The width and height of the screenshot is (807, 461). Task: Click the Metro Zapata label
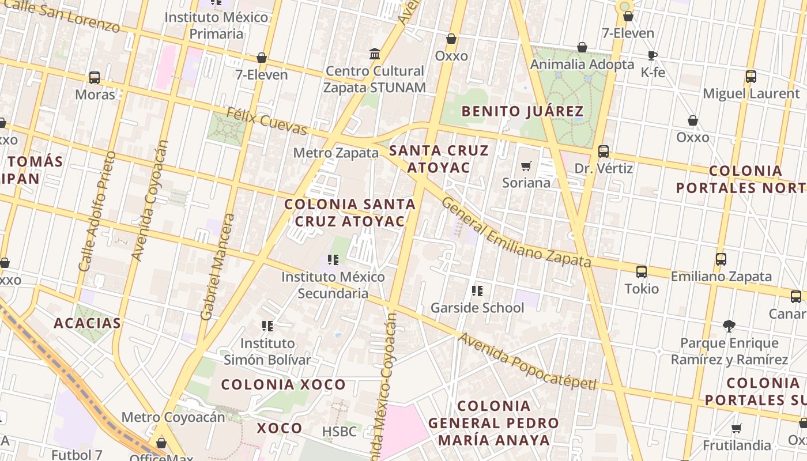pos(335,153)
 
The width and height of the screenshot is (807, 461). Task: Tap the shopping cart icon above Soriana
pos(526,167)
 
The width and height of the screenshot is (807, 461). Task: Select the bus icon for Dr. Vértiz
pos(604,152)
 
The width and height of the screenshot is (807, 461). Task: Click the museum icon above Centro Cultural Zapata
pos(375,54)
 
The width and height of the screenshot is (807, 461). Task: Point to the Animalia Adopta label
pos(582,64)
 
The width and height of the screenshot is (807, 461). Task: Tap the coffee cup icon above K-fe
pos(653,56)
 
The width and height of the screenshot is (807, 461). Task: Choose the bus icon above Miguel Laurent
pos(751,77)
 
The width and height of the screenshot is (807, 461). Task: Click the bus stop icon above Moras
pos(95,78)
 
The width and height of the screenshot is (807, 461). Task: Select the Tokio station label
pos(642,288)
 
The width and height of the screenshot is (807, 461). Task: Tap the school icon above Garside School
pos(477,291)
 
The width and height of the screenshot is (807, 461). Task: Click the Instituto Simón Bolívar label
pos(267,352)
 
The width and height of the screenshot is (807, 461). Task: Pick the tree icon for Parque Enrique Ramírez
pos(729,326)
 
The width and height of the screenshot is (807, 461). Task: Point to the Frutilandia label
pos(737,445)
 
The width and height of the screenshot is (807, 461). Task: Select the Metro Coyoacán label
pos(173,417)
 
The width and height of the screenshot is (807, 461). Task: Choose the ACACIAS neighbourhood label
pos(88,323)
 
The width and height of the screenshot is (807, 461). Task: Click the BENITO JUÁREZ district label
pos(523,111)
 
